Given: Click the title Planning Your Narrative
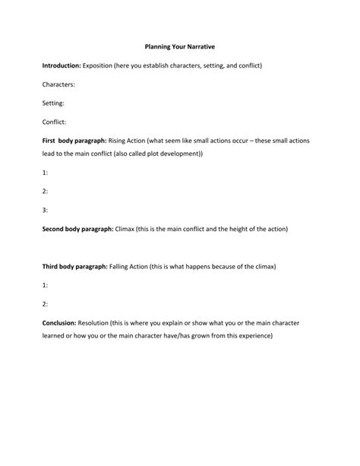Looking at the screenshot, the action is pyautogui.click(x=180, y=47).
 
